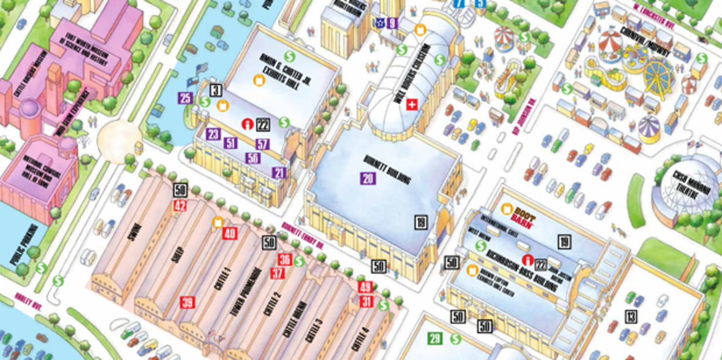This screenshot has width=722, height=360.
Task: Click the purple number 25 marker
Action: tap(185, 98)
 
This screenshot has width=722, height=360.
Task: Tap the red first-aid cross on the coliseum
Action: tap(412, 104)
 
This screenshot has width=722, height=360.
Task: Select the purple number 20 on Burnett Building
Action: tap(367, 178)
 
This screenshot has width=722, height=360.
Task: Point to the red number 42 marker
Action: tap(180, 205)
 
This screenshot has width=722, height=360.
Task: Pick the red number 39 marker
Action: tap(187, 302)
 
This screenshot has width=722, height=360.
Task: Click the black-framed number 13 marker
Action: tap(631, 317)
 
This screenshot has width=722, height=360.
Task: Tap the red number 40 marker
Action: tap(230, 233)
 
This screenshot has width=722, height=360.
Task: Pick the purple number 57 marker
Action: tap(263, 145)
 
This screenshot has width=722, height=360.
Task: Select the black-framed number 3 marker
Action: tap(215, 90)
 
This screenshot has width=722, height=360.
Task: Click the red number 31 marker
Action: tap(367, 301)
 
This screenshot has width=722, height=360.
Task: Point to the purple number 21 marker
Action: tap(279, 173)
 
